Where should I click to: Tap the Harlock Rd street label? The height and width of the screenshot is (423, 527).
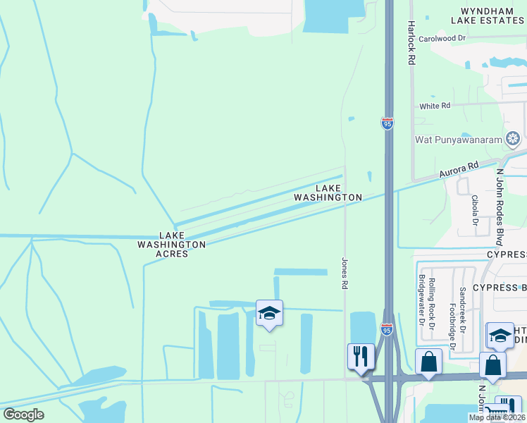point(410,42)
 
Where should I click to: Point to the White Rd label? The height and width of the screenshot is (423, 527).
point(435,106)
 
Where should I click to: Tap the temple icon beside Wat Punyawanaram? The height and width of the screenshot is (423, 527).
point(514,137)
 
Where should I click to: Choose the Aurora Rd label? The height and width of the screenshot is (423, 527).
point(458,170)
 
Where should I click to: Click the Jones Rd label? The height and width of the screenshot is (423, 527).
point(345,274)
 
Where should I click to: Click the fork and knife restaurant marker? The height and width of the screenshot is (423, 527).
point(361,356)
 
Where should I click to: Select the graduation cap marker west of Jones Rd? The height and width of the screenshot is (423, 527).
point(268,313)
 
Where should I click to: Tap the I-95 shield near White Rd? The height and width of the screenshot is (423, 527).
point(387,123)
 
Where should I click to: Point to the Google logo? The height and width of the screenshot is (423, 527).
point(23,414)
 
